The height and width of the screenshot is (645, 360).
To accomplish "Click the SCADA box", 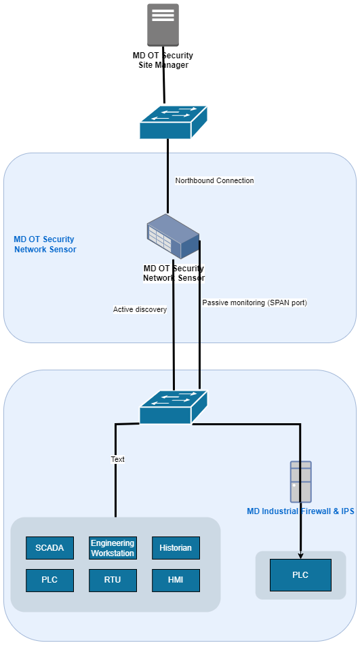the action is (x=49, y=547).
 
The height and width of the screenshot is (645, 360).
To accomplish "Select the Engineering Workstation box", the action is (x=113, y=547).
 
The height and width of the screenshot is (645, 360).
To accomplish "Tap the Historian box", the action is (x=176, y=547).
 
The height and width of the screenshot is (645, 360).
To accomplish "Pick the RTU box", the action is (x=113, y=580).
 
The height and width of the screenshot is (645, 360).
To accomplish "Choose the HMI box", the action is (x=176, y=580).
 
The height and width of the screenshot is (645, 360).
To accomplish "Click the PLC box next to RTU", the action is (x=49, y=580).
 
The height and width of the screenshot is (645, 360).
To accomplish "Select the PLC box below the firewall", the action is (x=300, y=574).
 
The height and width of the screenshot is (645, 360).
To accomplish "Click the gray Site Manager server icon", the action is (x=163, y=24).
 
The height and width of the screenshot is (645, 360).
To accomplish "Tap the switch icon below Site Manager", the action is (x=173, y=122).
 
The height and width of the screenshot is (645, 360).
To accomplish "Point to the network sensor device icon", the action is (x=173, y=237).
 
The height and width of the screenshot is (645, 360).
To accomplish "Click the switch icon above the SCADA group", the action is (x=173, y=407).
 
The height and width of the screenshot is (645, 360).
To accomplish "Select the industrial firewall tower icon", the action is (x=301, y=482).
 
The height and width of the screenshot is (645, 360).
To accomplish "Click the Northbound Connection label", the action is (x=214, y=180).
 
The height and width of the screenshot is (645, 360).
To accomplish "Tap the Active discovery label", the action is (x=140, y=309).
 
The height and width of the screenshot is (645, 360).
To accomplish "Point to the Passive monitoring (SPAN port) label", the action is (x=255, y=302).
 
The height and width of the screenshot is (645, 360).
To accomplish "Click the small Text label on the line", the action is (x=117, y=459).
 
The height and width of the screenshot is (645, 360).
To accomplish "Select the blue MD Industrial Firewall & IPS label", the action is (x=300, y=511).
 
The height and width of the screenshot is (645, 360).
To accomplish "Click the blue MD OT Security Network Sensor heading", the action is (x=44, y=244).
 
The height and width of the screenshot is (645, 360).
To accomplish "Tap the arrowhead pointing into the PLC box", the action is (x=300, y=555).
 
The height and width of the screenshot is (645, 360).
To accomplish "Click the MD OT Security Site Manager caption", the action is (x=163, y=60).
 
